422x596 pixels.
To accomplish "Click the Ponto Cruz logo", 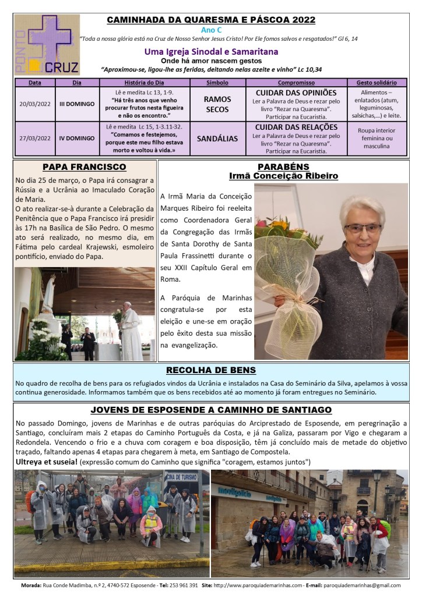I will tap(47, 44).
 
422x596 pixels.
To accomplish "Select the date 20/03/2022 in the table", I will tap(34, 104).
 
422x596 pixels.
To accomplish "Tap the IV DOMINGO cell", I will tap(77, 139).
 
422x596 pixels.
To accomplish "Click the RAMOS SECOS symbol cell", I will tap(217, 104).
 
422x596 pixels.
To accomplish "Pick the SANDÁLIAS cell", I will tap(217, 139).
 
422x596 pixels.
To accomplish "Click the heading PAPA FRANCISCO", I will tap(84, 166).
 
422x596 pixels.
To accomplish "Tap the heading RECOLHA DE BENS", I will tap(210, 370).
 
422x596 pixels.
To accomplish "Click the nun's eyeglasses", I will tap(363, 228).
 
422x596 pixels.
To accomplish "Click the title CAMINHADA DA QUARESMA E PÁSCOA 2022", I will tap(210, 20).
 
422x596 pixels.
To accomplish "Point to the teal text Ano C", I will tap(210, 29).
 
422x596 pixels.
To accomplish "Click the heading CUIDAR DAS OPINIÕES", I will tap(296, 93).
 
